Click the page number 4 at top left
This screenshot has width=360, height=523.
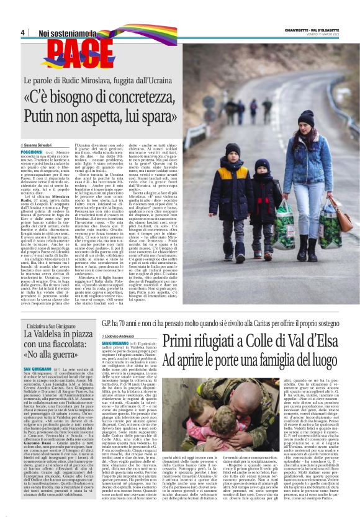pos(22,32)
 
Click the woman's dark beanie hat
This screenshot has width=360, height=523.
pos(307,117)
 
